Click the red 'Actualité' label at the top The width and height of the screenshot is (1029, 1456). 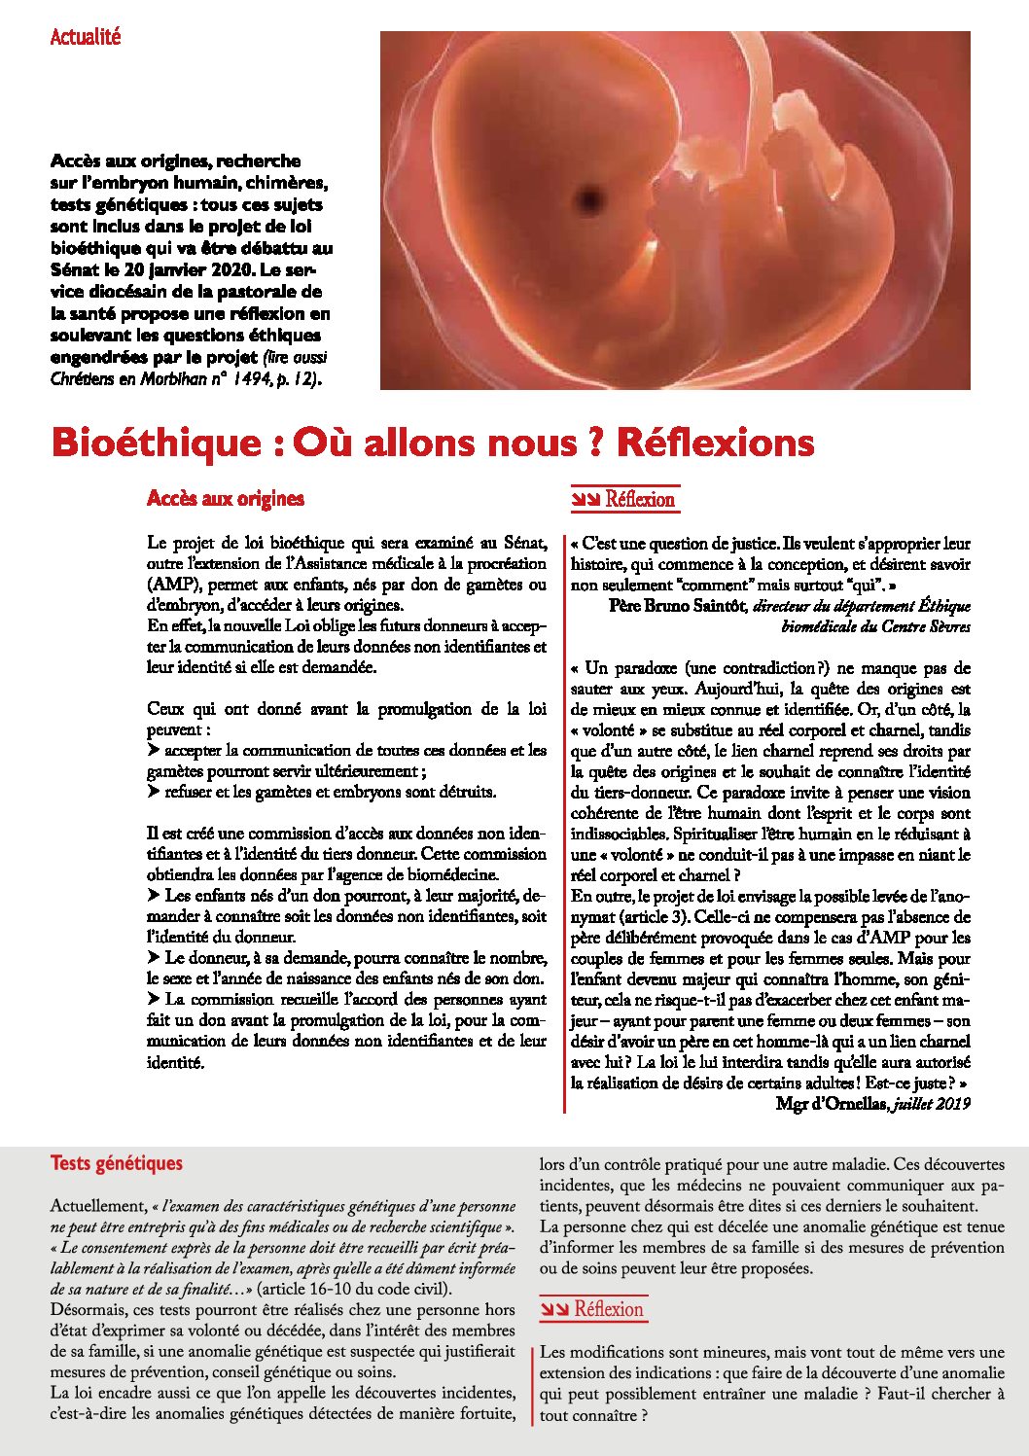(x=86, y=37)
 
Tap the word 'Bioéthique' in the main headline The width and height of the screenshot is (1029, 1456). (x=157, y=443)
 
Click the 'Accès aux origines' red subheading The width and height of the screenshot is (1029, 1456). (x=226, y=499)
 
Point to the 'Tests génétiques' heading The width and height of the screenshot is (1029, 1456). (x=117, y=1163)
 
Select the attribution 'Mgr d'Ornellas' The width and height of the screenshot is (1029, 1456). (x=831, y=1104)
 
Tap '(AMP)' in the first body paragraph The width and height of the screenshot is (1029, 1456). (x=175, y=586)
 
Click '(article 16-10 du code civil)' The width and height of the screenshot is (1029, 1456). (x=346, y=1290)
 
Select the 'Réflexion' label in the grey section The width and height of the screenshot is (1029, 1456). (x=609, y=1310)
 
